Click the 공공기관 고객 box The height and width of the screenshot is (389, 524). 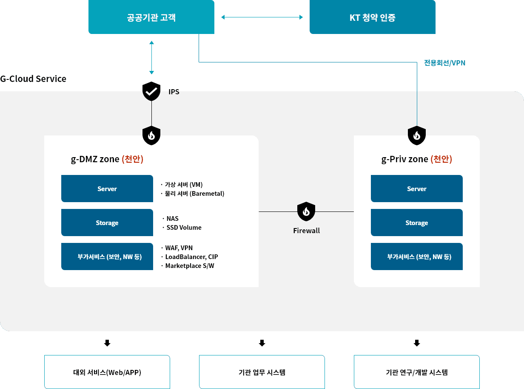pos(151,17)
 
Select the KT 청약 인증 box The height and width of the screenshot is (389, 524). pos(372,17)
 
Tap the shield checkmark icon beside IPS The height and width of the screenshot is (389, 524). pos(151,91)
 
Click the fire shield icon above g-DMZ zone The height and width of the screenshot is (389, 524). pos(151,135)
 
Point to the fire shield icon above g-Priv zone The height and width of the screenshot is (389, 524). pos(417,135)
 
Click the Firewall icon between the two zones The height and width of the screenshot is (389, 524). pos(306,211)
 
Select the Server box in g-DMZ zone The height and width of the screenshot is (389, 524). pos(107,189)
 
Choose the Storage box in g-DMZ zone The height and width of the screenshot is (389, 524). pos(107,223)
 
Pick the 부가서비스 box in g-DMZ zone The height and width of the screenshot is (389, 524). pos(107,257)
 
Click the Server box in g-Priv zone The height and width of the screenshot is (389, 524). pos(417,189)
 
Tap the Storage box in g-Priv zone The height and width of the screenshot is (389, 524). pos(417,223)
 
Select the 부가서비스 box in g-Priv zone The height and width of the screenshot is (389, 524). pos(417,257)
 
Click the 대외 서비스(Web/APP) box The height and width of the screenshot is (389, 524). pos(107,372)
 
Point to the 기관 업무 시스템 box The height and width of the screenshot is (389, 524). pos(262,372)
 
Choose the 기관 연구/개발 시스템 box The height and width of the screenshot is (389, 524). pos(417,372)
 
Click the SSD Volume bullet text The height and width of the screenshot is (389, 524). pos(184,228)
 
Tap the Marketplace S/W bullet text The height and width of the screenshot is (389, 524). pos(189,266)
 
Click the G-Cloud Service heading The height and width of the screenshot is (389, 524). pos(33,79)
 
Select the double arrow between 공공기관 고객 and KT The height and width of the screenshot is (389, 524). pos(262,17)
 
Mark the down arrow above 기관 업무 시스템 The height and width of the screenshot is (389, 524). pos(262,343)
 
